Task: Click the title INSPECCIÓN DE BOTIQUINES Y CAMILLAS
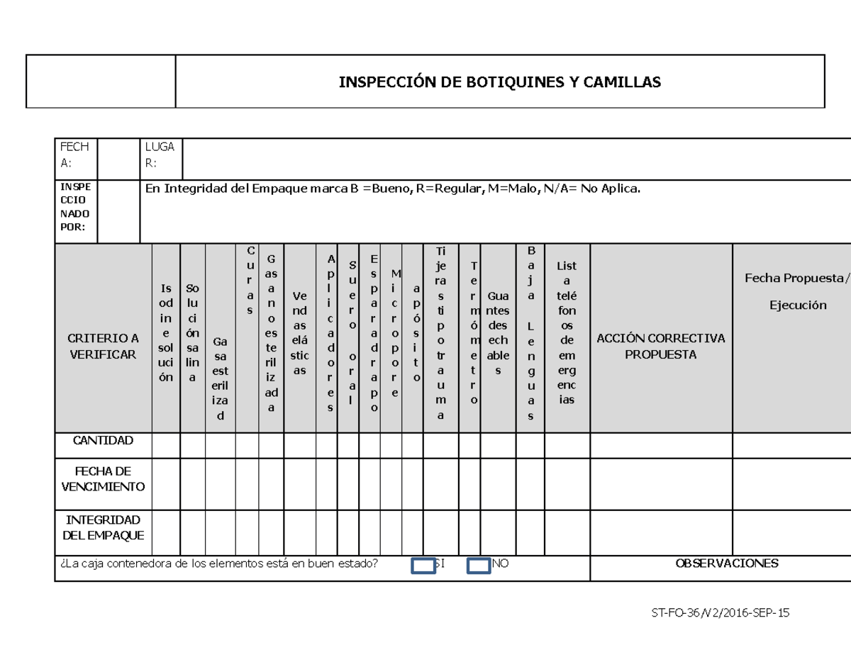tap(499, 82)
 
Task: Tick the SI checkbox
tap(424, 566)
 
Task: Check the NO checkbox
tap(479, 566)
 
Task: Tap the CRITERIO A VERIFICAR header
tap(103, 346)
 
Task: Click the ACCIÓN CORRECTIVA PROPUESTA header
tap(660, 346)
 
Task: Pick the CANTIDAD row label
tap(103, 441)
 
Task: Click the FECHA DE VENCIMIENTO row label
tap(103, 478)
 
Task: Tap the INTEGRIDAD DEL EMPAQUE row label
tap(103, 527)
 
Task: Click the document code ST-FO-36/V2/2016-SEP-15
tap(720, 614)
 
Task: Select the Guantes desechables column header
tap(498, 333)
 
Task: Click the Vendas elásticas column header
tap(299, 333)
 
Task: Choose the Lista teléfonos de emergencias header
tap(567, 333)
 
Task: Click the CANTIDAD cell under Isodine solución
tap(166, 446)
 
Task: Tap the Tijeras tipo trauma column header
tap(441, 333)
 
